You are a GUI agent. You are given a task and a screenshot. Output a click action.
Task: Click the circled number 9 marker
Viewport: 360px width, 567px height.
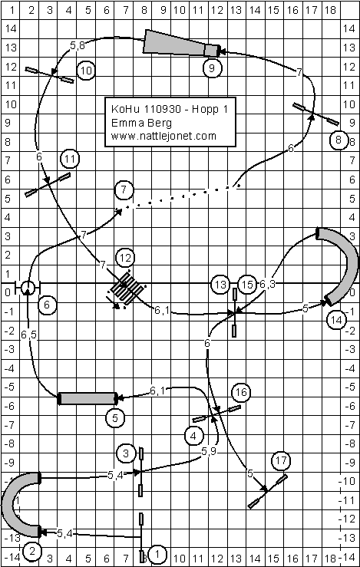tap(212, 68)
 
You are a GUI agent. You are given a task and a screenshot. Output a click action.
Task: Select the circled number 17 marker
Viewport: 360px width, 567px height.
tap(281, 460)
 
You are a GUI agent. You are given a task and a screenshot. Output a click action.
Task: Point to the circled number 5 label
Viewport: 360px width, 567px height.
tap(115, 418)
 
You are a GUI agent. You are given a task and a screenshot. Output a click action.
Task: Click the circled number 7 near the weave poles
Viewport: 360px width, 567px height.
tap(124, 190)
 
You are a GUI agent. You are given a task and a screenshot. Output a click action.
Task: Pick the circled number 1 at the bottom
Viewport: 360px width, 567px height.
tap(157, 553)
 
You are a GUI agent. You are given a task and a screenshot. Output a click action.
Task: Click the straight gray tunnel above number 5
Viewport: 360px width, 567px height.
tap(88, 398)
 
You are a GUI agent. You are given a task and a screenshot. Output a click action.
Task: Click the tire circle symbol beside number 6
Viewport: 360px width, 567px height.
tap(28, 288)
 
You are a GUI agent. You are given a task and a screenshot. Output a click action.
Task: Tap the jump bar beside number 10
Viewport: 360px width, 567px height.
tap(49, 75)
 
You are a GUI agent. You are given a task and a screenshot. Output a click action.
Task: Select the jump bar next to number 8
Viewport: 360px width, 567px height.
tap(315, 114)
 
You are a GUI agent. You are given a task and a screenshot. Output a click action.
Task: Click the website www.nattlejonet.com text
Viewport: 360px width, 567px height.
tap(163, 136)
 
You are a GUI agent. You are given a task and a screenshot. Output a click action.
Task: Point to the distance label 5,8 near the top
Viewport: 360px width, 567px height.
tap(78, 45)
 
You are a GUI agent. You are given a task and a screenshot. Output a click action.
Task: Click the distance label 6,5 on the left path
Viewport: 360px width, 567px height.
tap(28, 335)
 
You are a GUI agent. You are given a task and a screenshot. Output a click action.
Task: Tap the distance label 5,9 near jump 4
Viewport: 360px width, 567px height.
tap(209, 451)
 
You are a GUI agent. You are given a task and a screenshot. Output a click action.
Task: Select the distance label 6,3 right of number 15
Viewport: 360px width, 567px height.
tap(267, 284)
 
